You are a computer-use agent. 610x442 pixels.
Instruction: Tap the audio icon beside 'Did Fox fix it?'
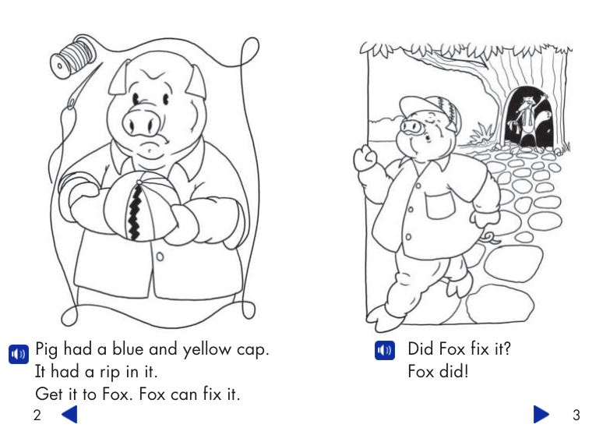[384, 350]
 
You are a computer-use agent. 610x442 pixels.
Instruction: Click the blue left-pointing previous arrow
[69, 414]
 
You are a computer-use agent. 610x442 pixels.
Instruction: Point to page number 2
[37, 415]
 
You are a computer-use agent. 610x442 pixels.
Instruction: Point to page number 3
[577, 415]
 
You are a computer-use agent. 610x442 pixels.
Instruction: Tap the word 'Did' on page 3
[421, 349]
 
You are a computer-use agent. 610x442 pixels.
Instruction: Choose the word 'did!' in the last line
[454, 372]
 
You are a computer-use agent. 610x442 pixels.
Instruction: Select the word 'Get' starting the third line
[48, 394]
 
